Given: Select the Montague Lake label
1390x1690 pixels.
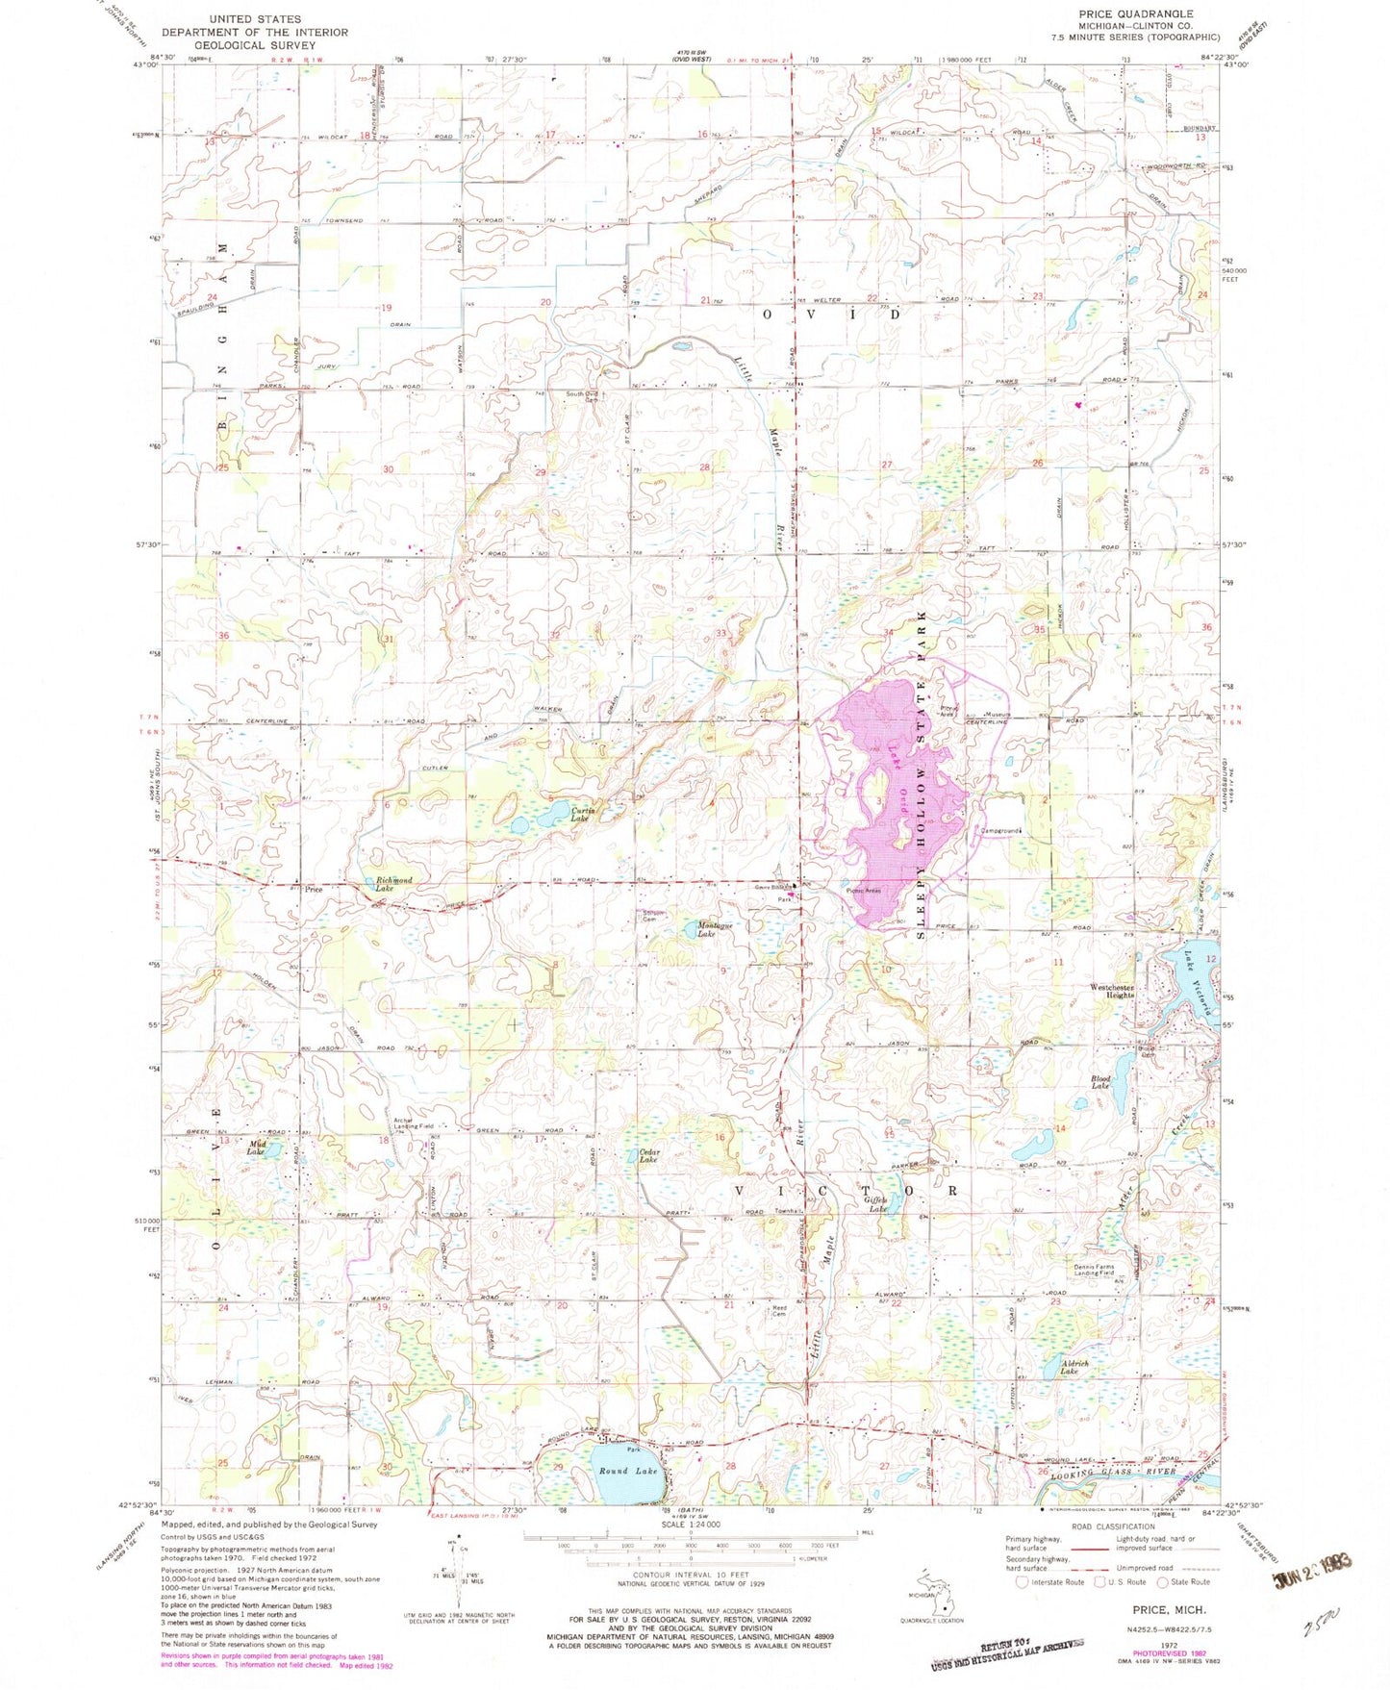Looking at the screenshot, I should pos(714,929).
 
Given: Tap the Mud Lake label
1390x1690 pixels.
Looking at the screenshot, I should pos(256,1148).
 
